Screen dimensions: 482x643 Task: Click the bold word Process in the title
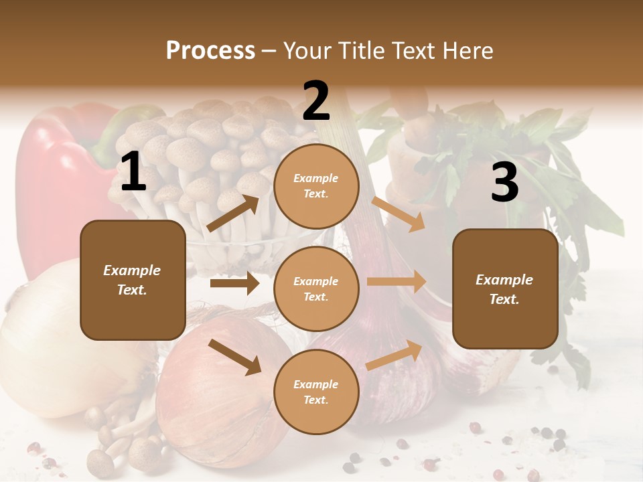click(x=210, y=51)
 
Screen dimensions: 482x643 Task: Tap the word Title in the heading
click(x=360, y=51)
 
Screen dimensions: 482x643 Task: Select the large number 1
click(x=133, y=172)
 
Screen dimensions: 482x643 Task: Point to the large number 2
click(x=316, y=101)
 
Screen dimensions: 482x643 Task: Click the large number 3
click(x=504, y=182)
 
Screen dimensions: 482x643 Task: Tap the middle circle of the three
click(x=316, y=289)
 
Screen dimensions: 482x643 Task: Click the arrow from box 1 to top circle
click(x=233, y=214)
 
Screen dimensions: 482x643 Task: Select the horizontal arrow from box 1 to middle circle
click(x=234, y=283)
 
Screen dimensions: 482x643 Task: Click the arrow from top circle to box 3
click(x=399, y=214)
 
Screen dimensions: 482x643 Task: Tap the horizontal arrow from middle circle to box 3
click(x=397, y=281)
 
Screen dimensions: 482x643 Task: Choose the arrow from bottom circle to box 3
click(x=395, y=355)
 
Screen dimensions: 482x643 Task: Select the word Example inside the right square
click(x=504, y=280)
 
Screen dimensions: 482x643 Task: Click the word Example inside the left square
click(x=132, y=270)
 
